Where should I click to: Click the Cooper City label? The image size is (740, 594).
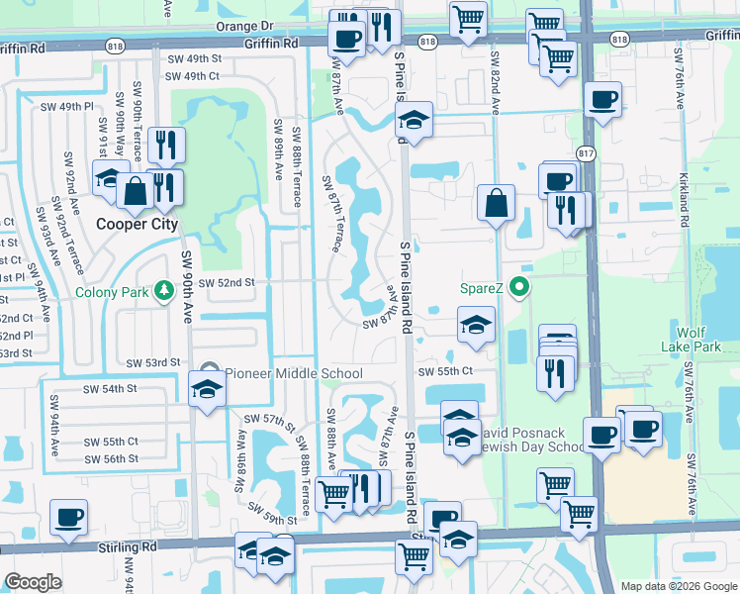tap(137, 224)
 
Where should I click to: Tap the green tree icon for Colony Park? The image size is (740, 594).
tap(159, 293)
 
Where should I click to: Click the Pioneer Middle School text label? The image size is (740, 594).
tap(294, 373)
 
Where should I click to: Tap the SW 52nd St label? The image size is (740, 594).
tap(227, 282)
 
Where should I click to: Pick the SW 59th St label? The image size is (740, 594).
tap(273, 514)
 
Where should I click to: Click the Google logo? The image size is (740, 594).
tap(33, 582)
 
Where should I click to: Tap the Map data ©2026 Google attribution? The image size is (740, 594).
tap(679, 586)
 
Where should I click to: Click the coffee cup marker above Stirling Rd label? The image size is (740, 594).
tap(69, 517)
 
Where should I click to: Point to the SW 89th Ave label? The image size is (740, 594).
tap(278, 149)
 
